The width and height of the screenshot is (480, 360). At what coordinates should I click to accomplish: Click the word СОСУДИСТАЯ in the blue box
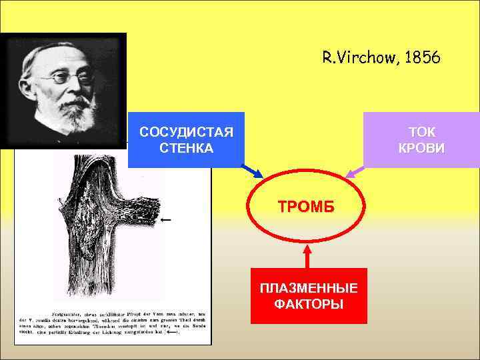(x=187, y=131)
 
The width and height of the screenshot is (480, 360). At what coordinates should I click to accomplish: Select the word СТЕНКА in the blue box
(x=187, y=147)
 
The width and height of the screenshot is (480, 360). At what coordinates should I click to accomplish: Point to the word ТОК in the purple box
(x=421, y=131)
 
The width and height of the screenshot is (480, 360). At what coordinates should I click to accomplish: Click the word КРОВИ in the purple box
(x=421, y=147)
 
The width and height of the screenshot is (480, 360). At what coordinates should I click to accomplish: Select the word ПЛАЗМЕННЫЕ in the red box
(x=309, y=288)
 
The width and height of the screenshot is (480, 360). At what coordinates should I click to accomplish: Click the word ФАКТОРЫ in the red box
(x=309, y=304)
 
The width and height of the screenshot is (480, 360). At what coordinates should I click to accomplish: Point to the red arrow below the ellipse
(x=307, y=256)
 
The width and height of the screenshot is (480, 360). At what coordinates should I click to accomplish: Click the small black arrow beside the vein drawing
(x=166, y=219)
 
